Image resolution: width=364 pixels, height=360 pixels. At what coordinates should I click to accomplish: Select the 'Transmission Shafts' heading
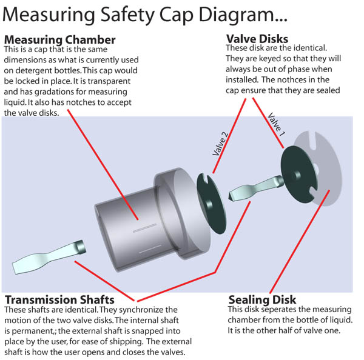[x=59, y=299]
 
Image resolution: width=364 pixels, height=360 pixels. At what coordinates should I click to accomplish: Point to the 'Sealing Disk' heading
[x=262, y=299]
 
